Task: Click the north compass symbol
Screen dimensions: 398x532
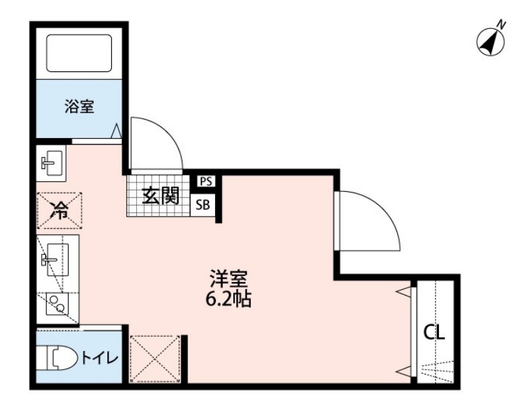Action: (492, 41)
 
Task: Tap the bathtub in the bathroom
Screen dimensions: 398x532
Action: (78, 52)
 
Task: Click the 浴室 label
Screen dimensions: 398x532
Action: (79, 106)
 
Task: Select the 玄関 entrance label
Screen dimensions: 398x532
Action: (159, 196)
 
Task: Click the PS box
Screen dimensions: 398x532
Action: (206, 180)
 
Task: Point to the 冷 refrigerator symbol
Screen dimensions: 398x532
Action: (59, 211)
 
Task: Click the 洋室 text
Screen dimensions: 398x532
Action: (228, 277)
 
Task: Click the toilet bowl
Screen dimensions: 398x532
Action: (55, 358)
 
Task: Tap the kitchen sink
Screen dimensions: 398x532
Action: (54, 259)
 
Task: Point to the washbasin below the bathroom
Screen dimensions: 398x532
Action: (51, 162)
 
